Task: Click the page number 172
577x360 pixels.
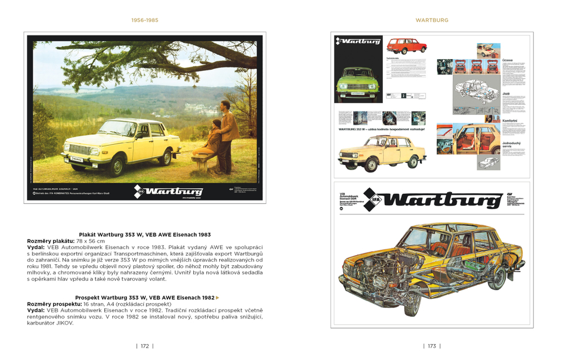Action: (x=145, y=346)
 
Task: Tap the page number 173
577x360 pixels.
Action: (x=432, y=346)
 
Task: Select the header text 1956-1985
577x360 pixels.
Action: (x=145, y=20)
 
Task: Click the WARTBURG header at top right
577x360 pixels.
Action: (x=432, y=20)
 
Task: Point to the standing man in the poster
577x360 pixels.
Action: (x=227, y=130)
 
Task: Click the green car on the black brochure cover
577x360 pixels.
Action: (x=357, y=82)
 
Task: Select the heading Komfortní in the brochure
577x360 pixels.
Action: (x=511, y=120)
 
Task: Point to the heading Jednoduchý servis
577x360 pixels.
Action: (x=512, y=146)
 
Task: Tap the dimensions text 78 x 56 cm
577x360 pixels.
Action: (x=89, y=241)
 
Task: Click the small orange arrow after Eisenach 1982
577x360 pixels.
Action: (x=218, y=297)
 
